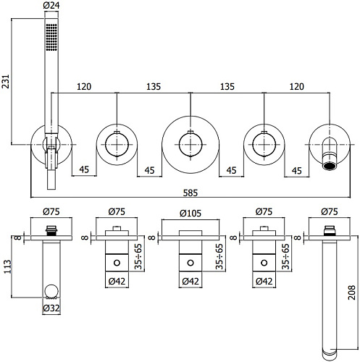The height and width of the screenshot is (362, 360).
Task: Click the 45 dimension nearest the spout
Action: (x=296, y=172)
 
